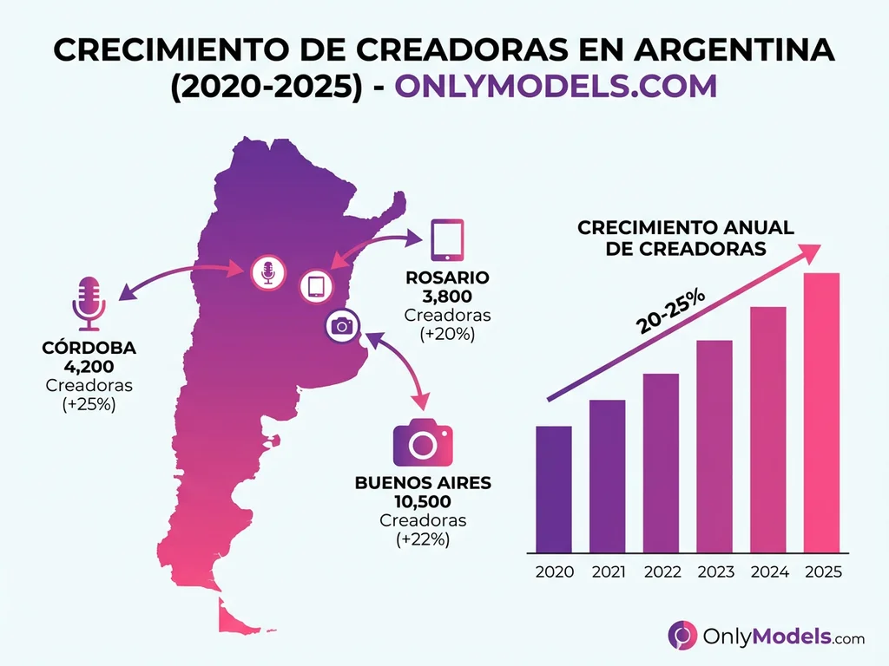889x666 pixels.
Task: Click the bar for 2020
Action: click(x=553, y=489)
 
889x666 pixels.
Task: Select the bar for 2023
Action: click(x=714, y=446)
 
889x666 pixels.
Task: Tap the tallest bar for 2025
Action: click(x=821, y=413)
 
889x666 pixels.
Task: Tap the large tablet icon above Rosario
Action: click(x=447, y=239)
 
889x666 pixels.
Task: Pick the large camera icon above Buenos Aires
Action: click(x=423, y=443)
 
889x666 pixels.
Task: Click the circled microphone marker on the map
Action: click(x=268, y=273)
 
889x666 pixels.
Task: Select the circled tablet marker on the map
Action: click(x=316, y=286)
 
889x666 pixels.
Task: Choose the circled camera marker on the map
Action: click(x=342, y=326)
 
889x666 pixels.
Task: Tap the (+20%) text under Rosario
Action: click(x=447, y=333)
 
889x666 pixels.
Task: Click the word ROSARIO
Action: click(x=447, y=278)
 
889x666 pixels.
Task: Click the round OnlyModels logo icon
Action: click(x=682, y=636)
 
